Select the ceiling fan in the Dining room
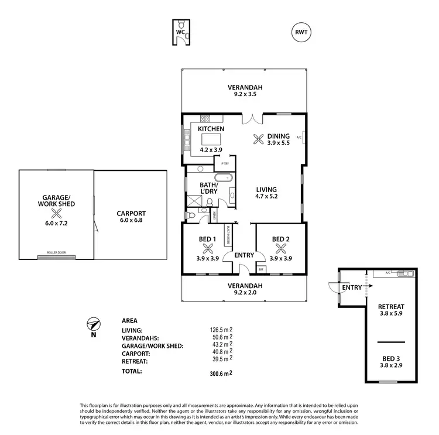[x=258, y=139]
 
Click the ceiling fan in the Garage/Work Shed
[x=56, y=214]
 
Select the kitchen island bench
[x=212, y=139]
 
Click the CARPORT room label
[x=131, y=213]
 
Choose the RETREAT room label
[x=392, y=306]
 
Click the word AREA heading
[x=129, y=321]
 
